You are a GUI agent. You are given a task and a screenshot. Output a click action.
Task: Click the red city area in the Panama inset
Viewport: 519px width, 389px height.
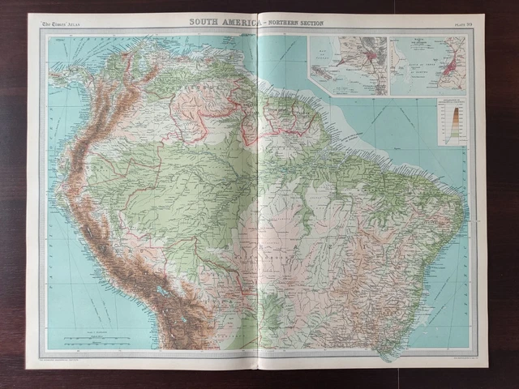click(370, 57)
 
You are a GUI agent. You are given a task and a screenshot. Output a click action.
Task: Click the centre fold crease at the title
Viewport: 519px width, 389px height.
click(258, 22)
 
